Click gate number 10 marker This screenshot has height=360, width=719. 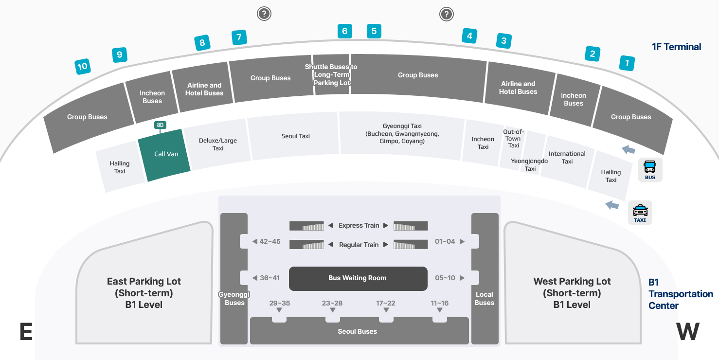tap(83, 66)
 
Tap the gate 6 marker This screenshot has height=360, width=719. tap(344, 32)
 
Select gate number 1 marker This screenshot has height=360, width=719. tap(627, 63)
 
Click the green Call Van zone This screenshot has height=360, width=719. tap(165, 155)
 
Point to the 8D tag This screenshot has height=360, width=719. tap(160, 125)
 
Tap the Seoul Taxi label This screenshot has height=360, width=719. tap(296, 136)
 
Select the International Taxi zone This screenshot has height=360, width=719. tap(567, 158)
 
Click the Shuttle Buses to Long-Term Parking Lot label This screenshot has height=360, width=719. tap(331, 75)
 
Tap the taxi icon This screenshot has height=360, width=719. tap(640, 213)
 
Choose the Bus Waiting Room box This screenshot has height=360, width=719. tap(358, 278)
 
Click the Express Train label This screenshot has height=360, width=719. tap(359, 225)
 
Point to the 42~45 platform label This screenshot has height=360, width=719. tap(270, 241)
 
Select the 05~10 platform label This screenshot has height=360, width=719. tap(445, 278)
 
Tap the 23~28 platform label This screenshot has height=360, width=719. tap(332, 303)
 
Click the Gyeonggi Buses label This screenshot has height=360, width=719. tap(234, 299)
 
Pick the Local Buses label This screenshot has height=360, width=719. tap(485, 299)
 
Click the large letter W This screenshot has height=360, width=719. tap(688, 332)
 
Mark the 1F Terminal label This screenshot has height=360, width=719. tap(676, 47)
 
